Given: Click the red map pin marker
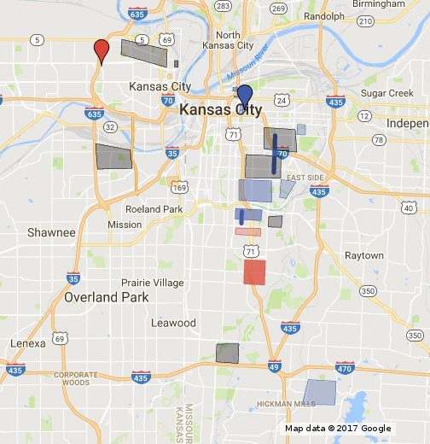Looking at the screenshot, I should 102,50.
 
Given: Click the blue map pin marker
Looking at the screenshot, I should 245,96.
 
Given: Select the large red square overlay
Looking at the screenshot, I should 254,272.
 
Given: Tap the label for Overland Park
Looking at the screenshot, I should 107,297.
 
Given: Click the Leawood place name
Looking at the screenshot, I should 173,323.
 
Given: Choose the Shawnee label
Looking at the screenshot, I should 51,232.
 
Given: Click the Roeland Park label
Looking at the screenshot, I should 154,209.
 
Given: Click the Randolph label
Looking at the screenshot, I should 323,16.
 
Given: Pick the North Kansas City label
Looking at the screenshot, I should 223,40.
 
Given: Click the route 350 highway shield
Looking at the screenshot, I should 368,291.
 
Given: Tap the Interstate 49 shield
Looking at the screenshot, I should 274,367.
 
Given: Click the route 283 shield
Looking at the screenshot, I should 224,6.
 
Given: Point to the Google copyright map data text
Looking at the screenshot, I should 338,429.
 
